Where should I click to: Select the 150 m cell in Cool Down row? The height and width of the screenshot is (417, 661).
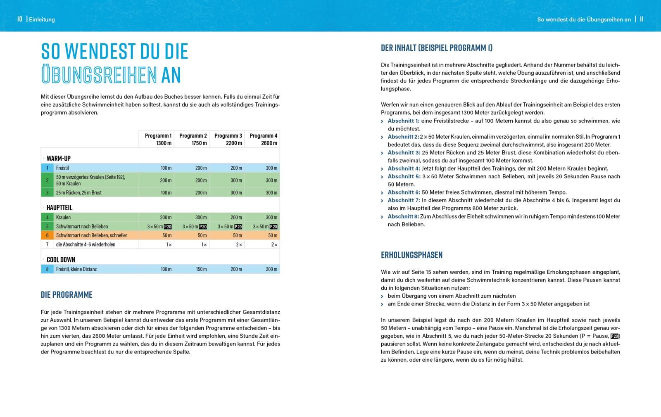(201, 269)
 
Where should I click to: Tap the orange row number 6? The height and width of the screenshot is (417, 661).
(47, 235)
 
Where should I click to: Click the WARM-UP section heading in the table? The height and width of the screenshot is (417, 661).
(58, 158)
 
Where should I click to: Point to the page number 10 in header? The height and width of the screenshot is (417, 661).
(19, 19)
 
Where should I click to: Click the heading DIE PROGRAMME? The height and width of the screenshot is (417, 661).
(67, 294)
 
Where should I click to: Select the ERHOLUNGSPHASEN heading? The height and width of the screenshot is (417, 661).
(411, 255)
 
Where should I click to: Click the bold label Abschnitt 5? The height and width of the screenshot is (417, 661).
(404, 176)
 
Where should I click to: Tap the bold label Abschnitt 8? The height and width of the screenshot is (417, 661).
(403, 216)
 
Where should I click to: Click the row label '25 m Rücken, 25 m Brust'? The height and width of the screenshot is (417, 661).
(79, 193)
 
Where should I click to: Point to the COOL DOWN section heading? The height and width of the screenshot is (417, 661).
(61, 260)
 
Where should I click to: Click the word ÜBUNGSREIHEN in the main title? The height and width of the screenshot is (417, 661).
(99, 75)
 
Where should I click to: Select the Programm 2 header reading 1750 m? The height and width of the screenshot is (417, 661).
(193, 139)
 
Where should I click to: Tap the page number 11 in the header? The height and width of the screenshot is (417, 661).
(642, 19)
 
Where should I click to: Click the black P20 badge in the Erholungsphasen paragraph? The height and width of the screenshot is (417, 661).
(614, 336)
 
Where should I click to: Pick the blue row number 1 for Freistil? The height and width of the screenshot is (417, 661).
(47, 168)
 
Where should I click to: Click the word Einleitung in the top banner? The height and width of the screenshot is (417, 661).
(42, 19)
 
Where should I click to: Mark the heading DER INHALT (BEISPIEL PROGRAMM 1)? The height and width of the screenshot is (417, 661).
(437, 47)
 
